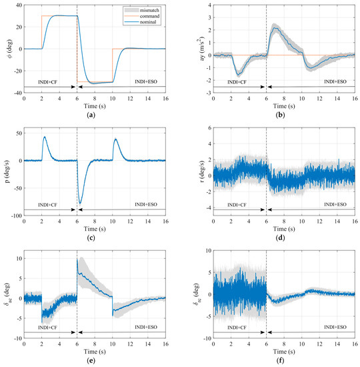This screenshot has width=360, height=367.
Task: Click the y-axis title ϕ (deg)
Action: tap(7, 49)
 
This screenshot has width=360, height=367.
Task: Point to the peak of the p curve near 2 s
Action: tap(44, 137)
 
